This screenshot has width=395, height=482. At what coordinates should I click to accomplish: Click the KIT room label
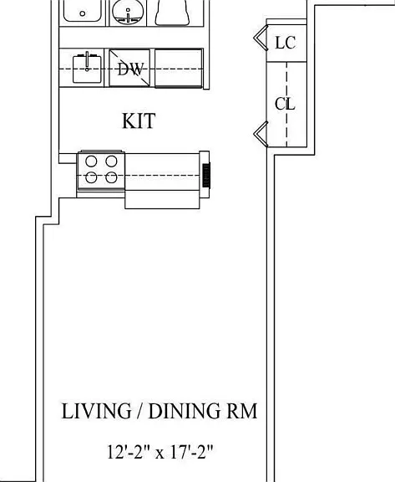(x=139, y=120)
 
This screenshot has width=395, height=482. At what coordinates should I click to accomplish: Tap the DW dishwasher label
(x=130, y=69)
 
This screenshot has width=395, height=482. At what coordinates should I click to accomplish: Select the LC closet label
(x=286, y=43)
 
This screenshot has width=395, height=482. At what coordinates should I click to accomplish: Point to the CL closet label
(x=285, y=104)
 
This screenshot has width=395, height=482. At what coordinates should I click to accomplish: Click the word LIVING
(x=97, y=411)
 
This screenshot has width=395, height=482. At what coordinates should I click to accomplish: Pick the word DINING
(x=183, y=411)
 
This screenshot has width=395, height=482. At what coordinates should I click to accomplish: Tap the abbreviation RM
(x=241, y=411)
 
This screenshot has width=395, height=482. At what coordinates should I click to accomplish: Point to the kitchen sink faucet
(x=87, y=61)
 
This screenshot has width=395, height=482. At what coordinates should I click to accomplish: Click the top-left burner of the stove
(x=91, y=161)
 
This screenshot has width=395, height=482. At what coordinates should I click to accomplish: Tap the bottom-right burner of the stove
(x=111, y=177)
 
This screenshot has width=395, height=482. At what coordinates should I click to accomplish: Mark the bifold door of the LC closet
(x=261, y=38)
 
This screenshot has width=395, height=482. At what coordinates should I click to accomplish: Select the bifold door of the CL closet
(x=261, y=134)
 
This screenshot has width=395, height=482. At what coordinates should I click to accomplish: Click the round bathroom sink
(x=128, y=13)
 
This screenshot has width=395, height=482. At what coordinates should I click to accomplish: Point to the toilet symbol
(x=172, y=13)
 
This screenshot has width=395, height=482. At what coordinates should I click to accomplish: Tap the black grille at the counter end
(x=206, y=175)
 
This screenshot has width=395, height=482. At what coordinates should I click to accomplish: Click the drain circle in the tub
(x=83, y=13)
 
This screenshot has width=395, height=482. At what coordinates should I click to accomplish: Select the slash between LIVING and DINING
(x=140, y=411)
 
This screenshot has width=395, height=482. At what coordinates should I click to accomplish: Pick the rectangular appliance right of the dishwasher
(x=179, y=69)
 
